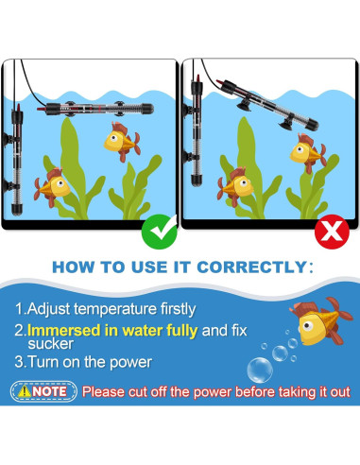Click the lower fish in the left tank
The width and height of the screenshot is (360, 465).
[53, 182]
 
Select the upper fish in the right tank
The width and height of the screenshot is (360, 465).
[305, 151]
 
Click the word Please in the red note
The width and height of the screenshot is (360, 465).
[108, 391]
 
